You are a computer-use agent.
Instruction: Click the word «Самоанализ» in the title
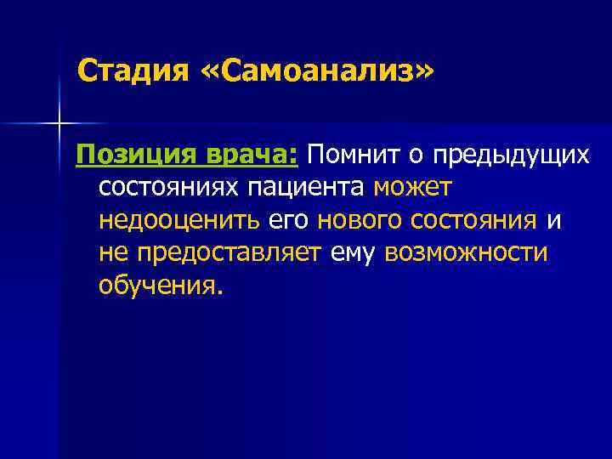(316, 71)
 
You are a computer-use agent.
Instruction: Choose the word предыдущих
(510, 156)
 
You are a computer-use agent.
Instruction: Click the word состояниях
(171, 187)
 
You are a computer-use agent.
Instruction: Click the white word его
(289, 221)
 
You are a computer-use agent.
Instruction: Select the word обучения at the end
(160, 286)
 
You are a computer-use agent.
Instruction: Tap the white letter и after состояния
(553, 221)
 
